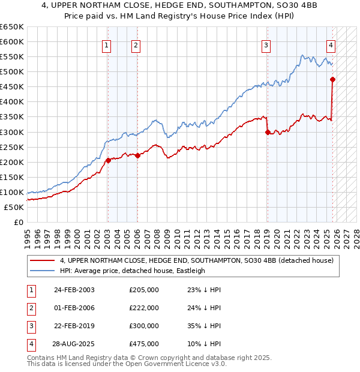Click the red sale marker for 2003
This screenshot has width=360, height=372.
108,160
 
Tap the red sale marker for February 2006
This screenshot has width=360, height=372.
137,155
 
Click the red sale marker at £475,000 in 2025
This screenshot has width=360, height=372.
332,79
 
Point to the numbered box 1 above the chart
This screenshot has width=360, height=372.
106,44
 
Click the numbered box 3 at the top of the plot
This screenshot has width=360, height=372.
266,44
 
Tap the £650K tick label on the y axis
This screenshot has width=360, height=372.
12,27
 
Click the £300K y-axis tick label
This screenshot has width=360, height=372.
12,132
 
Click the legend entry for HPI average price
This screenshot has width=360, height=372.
132,271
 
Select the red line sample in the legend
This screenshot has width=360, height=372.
43,260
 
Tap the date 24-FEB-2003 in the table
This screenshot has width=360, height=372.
74,290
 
